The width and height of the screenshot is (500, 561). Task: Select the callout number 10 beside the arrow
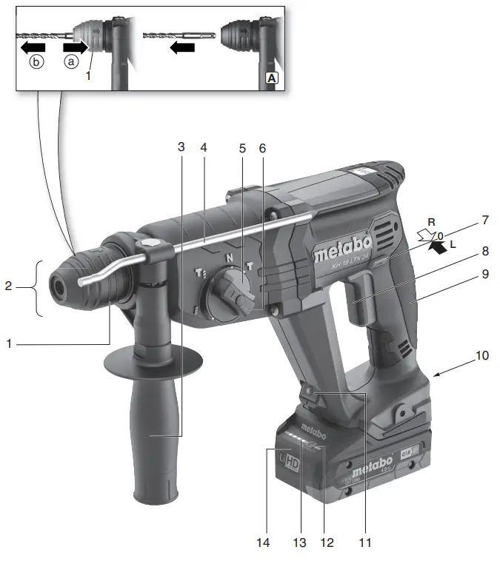pos(482,355)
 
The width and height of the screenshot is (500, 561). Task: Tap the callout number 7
pos(484,220)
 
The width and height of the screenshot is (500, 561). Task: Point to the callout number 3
pos(181,147)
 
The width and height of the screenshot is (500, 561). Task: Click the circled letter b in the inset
pos(36,63)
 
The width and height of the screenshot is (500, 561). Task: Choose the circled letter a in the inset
pos(72,63)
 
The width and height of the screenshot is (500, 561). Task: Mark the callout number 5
pos(241,147)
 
